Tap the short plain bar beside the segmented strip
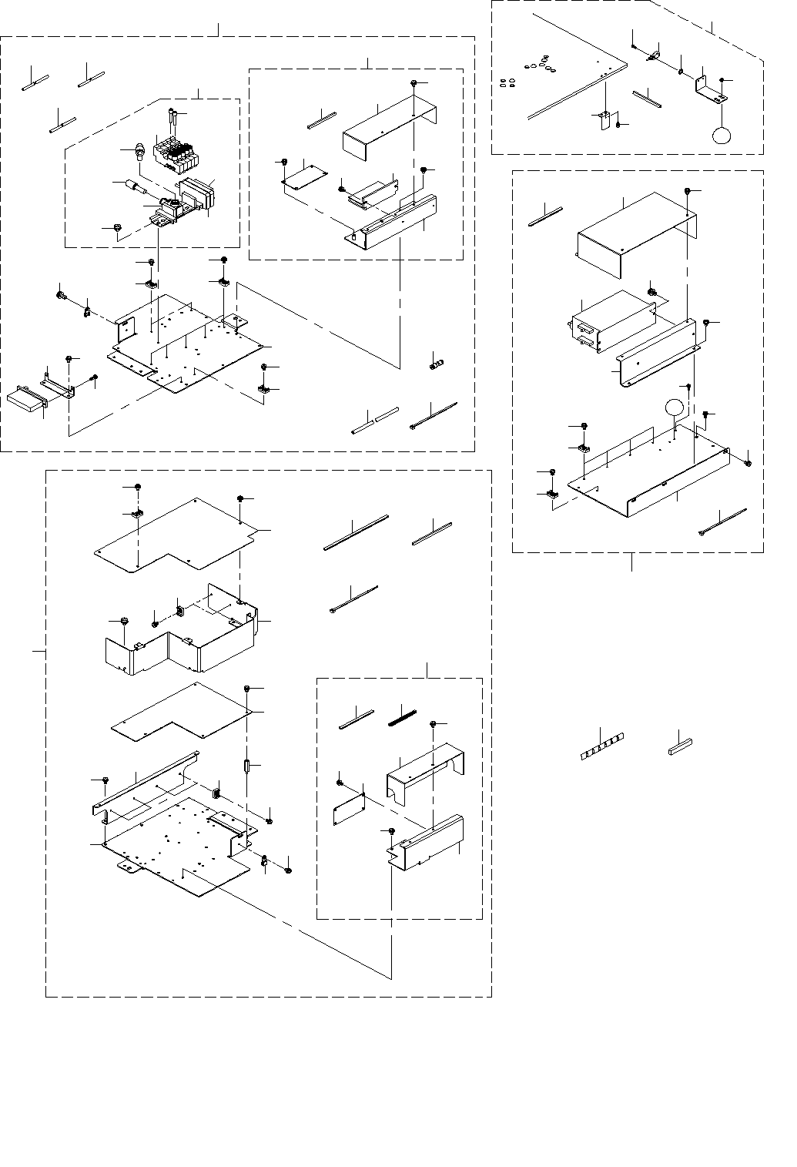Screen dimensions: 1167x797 [x=681, y=745]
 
